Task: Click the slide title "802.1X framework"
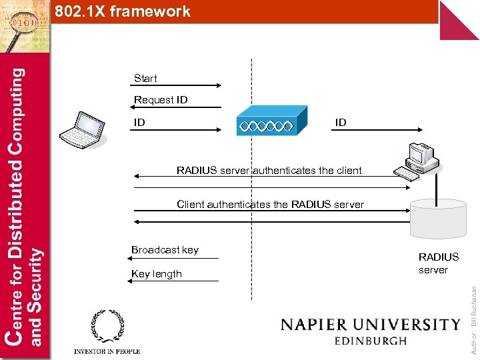click(123, 11)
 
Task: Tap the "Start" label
click(145, 79)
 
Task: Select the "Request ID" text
click(161, 100)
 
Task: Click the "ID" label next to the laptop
click(139, 123)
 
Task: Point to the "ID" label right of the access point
click(341, 123)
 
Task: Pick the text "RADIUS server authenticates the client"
click(269, 171)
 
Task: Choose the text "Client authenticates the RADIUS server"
click(270, 205)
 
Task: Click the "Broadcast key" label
click(165, 250)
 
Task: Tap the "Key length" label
click(157, 274)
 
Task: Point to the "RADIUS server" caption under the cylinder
click(438, 263)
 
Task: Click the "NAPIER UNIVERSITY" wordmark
click(370, 325)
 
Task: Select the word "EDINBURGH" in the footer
click(370, 341)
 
